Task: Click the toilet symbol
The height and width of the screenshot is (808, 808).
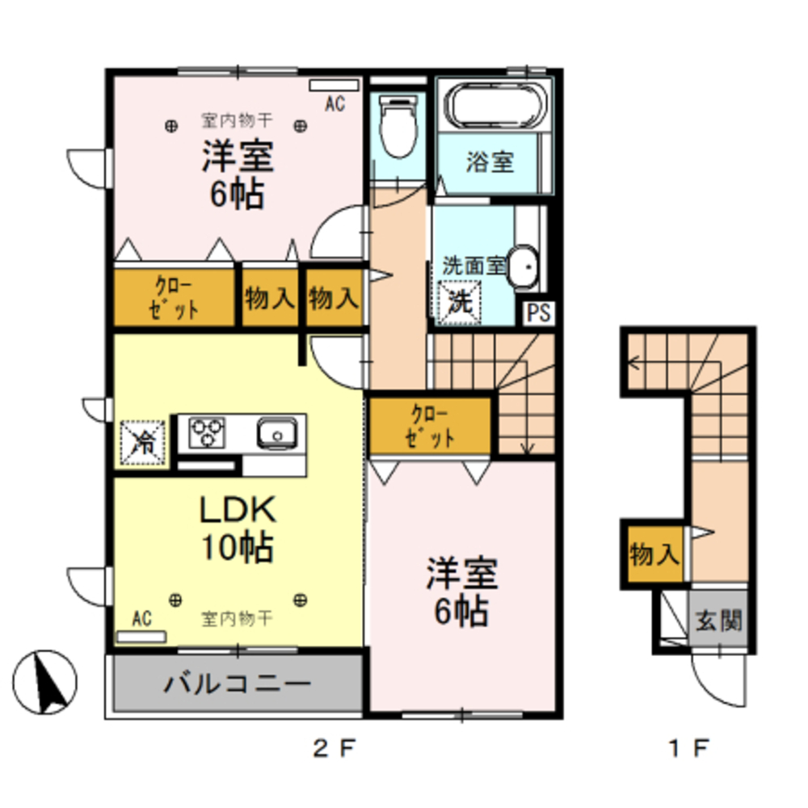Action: coord(396,127)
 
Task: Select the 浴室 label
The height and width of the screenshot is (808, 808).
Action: coord(490,162)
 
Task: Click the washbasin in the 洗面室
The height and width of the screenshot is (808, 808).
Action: coord(524,267)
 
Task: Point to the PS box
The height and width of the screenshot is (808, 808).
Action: coord(539,313)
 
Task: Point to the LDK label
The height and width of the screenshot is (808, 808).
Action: coord(238,511)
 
